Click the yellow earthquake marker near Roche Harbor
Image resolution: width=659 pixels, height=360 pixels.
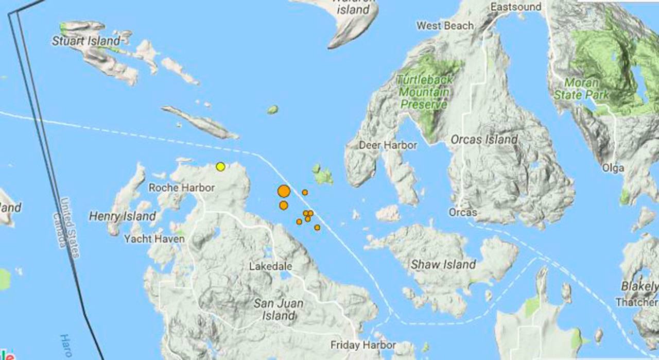click(x=220, y=166)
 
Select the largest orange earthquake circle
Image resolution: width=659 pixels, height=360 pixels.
click(x=284, y=192)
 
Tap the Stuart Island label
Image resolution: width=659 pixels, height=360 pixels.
click(x=86, y=41)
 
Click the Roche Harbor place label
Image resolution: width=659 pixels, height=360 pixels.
click(x=181, y=187)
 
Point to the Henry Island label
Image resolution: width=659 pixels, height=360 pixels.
click(x=123, y=216)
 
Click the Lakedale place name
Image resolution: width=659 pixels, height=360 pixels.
click(x=270, y=266)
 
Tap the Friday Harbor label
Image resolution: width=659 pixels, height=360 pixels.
click(x=363, y=345)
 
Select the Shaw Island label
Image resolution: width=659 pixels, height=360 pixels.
click(x=443, y=265)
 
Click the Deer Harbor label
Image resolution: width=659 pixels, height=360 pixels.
click(x=388, y=145)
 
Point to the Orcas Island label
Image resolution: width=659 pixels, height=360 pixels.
click(x=484, y=140)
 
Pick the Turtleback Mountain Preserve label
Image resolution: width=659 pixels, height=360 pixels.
click(x=425, y=92)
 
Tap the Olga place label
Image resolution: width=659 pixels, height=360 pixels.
click(x=613, y=168)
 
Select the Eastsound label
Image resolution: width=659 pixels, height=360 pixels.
click(x=516, y=7)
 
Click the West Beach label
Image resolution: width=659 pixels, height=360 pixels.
click(x=445, y=25)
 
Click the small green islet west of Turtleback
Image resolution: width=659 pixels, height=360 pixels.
click(x=272, y=110)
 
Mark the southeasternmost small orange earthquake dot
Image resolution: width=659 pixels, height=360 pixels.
click(x=317, y=227)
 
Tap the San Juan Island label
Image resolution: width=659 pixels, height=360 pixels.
click(x=279, y=310)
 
